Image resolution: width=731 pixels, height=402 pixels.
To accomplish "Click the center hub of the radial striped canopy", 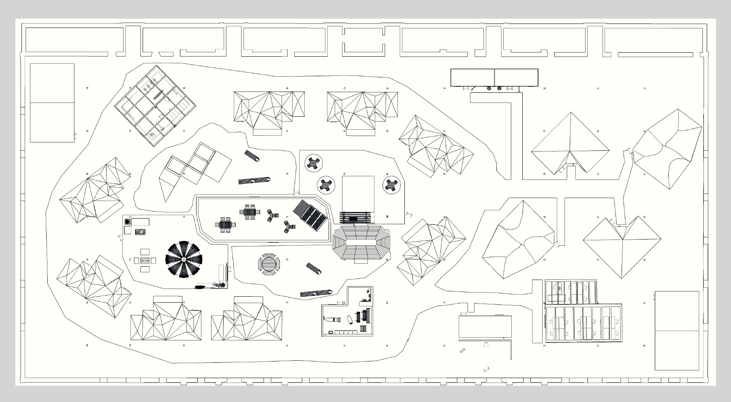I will click(x=184, y=259).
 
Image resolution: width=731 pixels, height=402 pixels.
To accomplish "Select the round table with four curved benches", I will click(x=268, y=265).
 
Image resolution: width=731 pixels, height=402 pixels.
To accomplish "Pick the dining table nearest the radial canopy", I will click(x=225, y=225).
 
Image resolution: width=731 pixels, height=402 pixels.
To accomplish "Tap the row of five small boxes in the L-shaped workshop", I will click(x=344, y=332).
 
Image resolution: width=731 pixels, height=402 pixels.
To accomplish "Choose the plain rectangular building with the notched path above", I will click(x=485, y=327).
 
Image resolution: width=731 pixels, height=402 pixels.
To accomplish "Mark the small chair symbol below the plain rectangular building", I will click(x=486, y=344).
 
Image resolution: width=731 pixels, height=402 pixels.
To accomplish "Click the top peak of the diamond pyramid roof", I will click(x=570, y=113).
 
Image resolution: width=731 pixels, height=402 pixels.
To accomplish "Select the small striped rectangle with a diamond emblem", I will click(x=140, y=232).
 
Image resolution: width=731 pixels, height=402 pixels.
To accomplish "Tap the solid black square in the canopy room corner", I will click(x=127, y=222).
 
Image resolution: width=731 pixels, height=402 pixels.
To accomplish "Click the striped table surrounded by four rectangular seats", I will click(x=145, y=260).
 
